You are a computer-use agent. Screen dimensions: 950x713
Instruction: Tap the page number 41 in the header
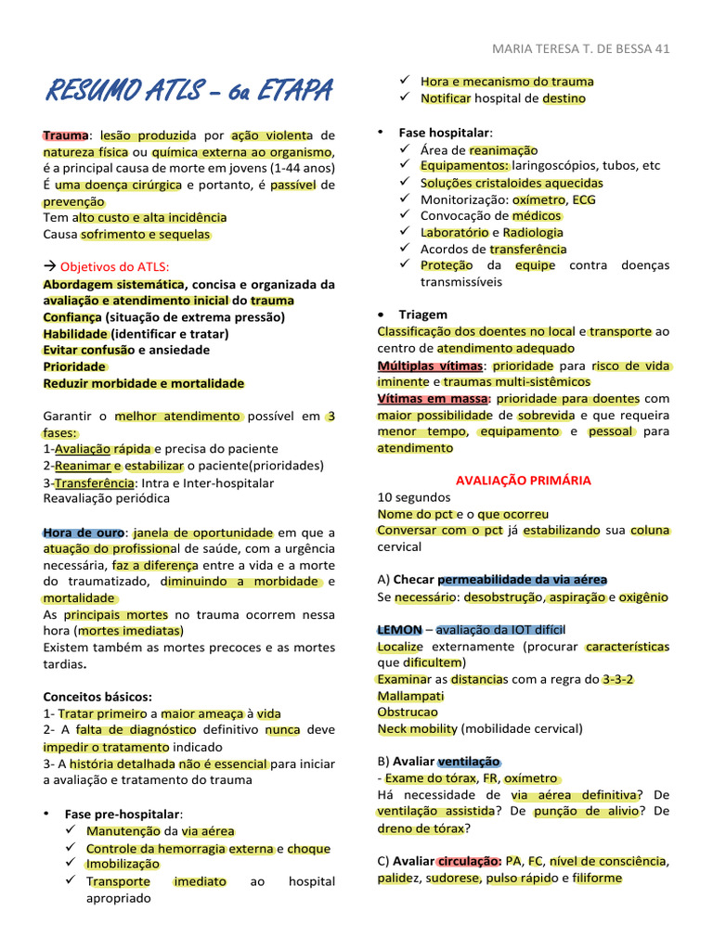click(x=661, y=49)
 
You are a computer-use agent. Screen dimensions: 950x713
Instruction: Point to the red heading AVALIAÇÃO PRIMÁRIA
click(x=524, y=481)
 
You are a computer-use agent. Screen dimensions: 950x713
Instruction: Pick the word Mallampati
click(x=410, y=696)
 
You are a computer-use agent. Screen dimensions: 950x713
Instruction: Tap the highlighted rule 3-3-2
click(x=618, y=679)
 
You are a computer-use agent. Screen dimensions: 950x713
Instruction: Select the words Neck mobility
click(x=417, y=729)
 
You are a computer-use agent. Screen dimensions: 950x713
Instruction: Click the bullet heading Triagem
click(x=422, y=315)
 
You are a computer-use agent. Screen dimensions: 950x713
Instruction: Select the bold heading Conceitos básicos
click(x=97, y=697)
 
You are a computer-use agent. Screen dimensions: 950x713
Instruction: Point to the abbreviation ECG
click(x=585, y=199)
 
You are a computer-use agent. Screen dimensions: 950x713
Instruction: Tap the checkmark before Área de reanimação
click(x=405, y=149)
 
